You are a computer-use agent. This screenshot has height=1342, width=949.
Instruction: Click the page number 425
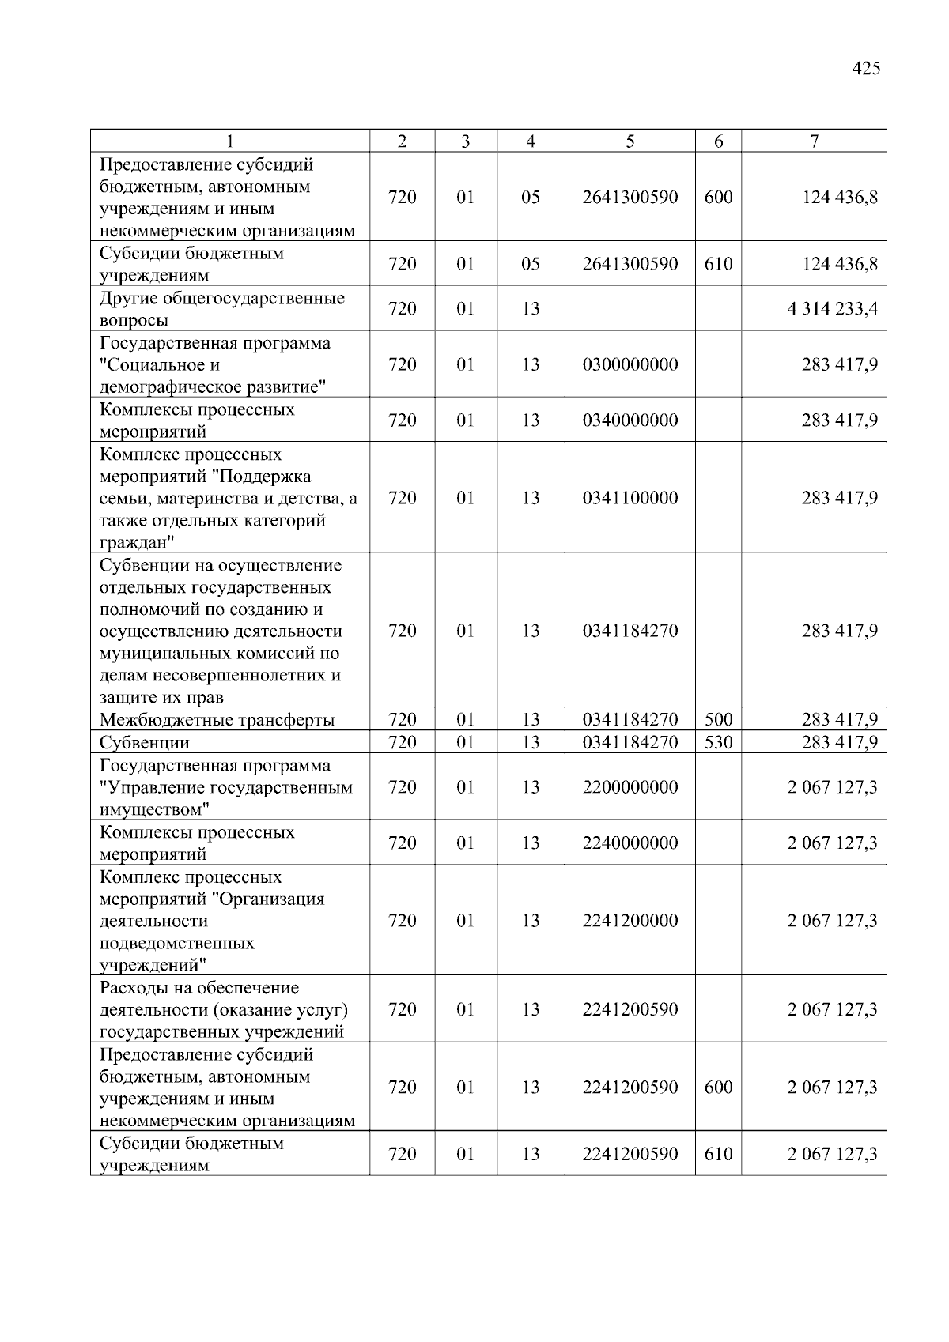(x=866, y=69)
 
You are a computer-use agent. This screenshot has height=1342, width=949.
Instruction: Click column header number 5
(x=630, y=141)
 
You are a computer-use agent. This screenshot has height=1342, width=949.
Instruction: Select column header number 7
(x=814, y=141)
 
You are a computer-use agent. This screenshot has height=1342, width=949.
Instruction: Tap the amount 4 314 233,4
(x=832, y=308)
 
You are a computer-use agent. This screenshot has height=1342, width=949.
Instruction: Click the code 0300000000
(x=630, y=364)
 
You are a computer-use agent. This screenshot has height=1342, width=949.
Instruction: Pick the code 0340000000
(x=630, y=420)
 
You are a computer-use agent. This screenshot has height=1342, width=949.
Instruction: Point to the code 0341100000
(x=630, y=498)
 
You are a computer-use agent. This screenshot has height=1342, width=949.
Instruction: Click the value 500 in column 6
(x=718, y=719)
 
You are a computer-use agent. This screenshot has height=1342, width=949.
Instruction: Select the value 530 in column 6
(x=718, y=742)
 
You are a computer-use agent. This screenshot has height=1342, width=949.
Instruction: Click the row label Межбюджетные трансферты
(x=217, y=720)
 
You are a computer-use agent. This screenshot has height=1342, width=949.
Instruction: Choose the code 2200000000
(x=630, y=787)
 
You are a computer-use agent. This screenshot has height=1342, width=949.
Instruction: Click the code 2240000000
(x=630, y=843)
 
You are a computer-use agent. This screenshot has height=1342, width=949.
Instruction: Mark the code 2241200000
(x=630, y=921)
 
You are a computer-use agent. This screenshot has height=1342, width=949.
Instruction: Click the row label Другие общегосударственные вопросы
(x=221, y=309)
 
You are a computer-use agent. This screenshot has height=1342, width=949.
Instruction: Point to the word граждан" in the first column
(x=137, y=543)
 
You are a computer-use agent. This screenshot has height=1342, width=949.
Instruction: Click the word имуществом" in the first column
(x=155, y=809)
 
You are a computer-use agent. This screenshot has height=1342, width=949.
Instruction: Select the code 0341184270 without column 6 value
(x=630, y=631)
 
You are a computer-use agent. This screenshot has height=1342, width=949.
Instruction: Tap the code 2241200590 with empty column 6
(x=630, y=1009)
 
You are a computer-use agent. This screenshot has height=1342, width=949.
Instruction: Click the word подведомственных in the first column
(x=177, y=943)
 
